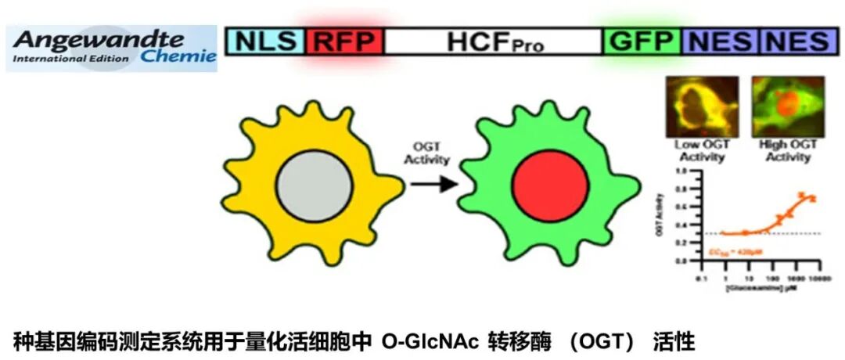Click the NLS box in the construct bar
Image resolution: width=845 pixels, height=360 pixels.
[x=266, y=41]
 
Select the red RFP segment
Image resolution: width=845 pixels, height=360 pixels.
[x=344, y=41]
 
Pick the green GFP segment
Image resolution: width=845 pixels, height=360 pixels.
[x=642, y=41]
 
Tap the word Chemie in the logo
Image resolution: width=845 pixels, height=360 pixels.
[x=178, y=56]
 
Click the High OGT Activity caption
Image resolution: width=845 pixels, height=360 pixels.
[x=788, y=151]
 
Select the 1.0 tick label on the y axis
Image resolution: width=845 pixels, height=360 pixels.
[x=680, y=171]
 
